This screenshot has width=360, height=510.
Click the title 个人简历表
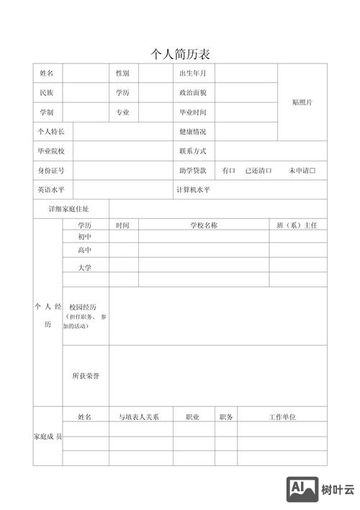pos(180,54)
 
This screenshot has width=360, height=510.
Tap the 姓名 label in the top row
pos(47,73)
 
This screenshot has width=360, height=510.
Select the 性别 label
pos(122,73)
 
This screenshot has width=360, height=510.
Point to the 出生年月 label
pos(193,73)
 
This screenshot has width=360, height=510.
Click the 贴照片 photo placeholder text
pos(302,102)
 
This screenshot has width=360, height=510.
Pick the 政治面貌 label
pos(193,93)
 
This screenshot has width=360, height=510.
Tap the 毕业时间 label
pos(193,112)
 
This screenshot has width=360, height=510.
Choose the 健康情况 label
pos(193,132)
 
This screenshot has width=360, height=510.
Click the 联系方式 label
pos(193,151)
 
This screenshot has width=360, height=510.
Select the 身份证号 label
pos(51,171)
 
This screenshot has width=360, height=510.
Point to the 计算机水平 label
pos(193,190)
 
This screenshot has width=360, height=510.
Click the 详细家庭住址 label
pos(70,209)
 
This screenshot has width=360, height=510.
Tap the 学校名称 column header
pos(204,225)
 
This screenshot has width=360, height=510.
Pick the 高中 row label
pos(85,250)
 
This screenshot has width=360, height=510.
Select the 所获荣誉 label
pos(85,376)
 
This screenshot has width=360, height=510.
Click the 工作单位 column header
pos(282,417)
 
